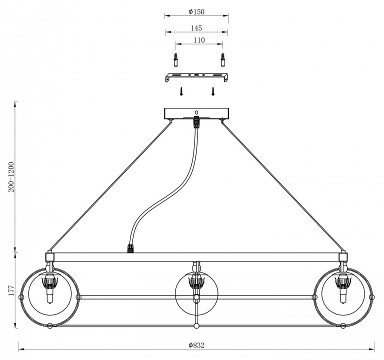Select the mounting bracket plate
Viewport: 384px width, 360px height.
click(x=196, y=78)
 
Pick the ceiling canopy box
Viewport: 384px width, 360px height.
click(x=196, y=113)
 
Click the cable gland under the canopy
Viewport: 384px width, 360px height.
click(x=196, y=121)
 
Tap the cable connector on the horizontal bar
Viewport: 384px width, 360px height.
click(x=131, y=247)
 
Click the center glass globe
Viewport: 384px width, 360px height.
click(x=196, y=297)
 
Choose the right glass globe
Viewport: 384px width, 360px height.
click(x=343, y=296)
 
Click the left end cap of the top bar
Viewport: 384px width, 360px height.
click(x=49, y=257)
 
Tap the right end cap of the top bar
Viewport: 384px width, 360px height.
click(x=343, y=257)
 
